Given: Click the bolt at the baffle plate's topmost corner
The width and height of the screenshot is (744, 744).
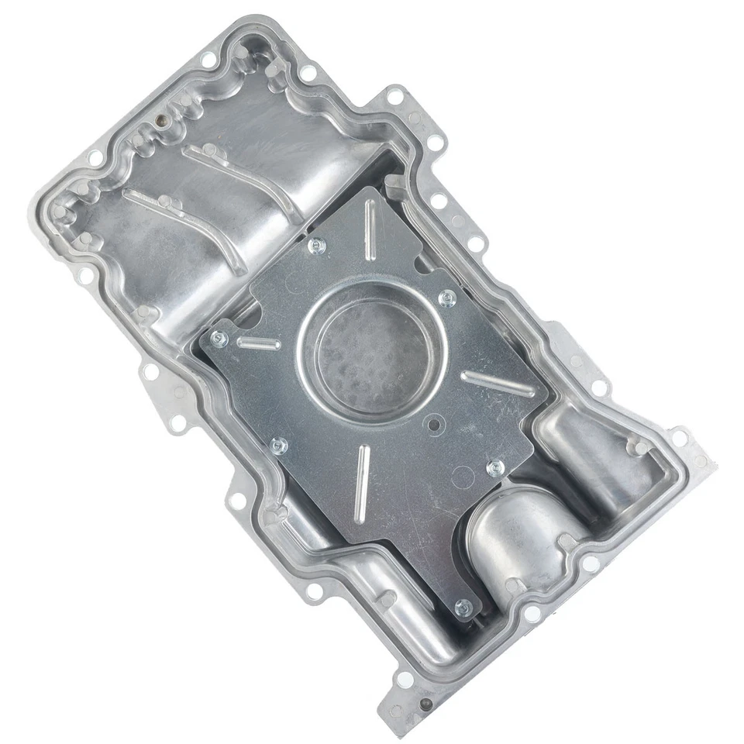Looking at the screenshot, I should click(315, 246).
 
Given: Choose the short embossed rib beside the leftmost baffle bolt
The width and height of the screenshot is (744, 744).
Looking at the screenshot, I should click(258, 343).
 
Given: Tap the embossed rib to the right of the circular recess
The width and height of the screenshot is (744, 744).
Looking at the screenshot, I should click(496, 384).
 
